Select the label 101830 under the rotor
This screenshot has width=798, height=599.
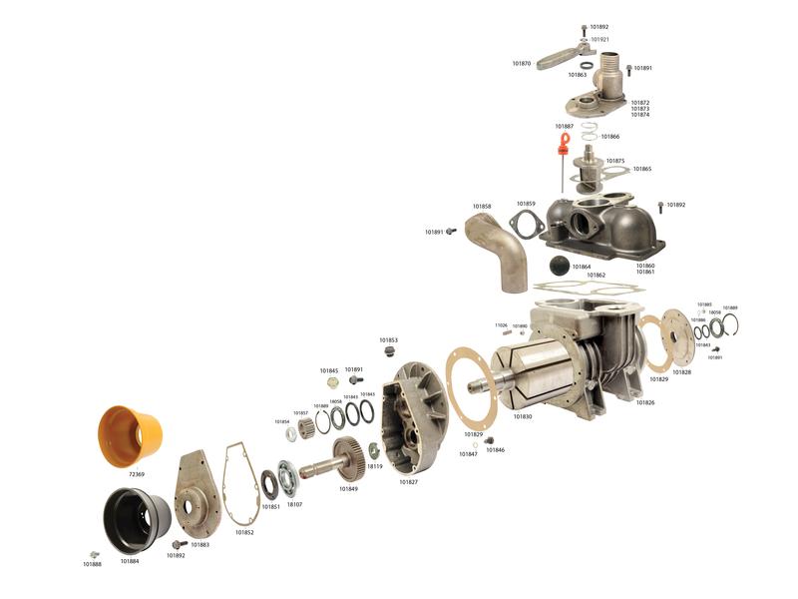(x=523, y=416)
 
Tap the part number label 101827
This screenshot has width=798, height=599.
(x=409, y=482)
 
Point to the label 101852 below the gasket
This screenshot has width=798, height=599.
(x=244, y=532)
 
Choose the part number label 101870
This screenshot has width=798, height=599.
(x=522, y=64)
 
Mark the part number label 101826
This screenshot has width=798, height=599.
(x=644, y=402)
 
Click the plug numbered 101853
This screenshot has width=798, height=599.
(x=389, y=351)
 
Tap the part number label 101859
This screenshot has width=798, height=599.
(x=526, y=204)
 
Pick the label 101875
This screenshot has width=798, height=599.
(x=615, y=161)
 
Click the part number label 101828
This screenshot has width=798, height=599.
(x=681, y=372)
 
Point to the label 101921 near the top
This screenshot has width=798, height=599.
(x=599, y=40)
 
